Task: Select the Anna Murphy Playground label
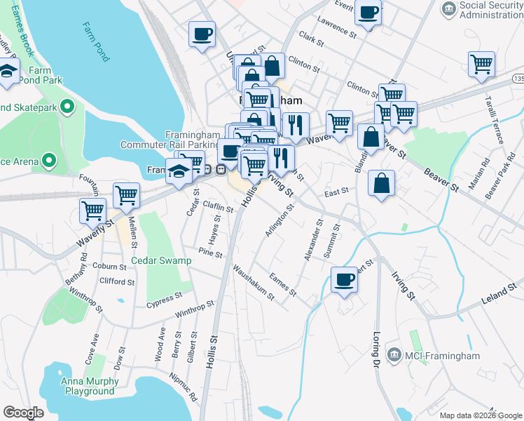coord(88,386)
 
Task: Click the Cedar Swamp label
coord(161,260)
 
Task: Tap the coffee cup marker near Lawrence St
coord(368,12)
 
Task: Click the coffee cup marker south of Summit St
coord(344,279)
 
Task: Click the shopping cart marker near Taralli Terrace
coord(481,64)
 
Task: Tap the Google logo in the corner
coord(23,413)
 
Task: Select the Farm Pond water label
coord(95,41)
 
